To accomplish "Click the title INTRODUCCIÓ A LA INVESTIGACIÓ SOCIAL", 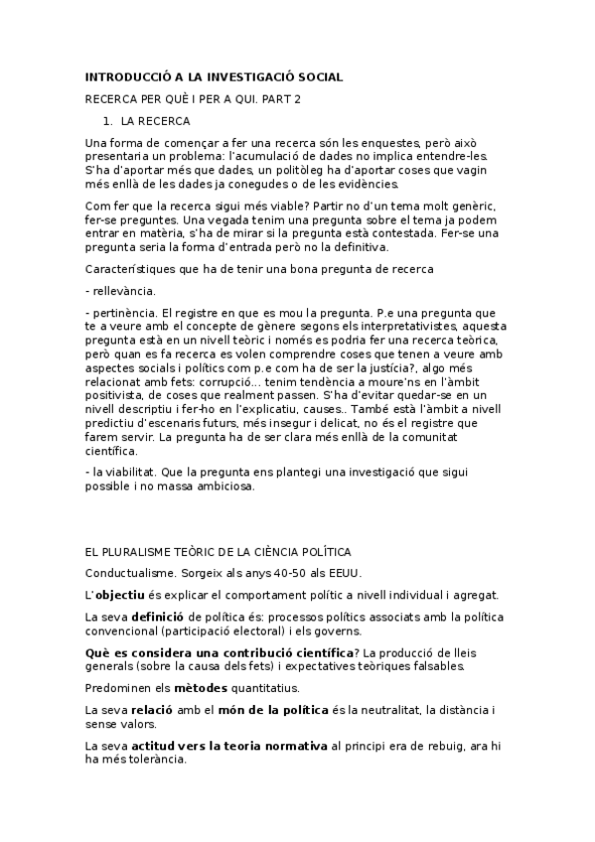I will point(216,76).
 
